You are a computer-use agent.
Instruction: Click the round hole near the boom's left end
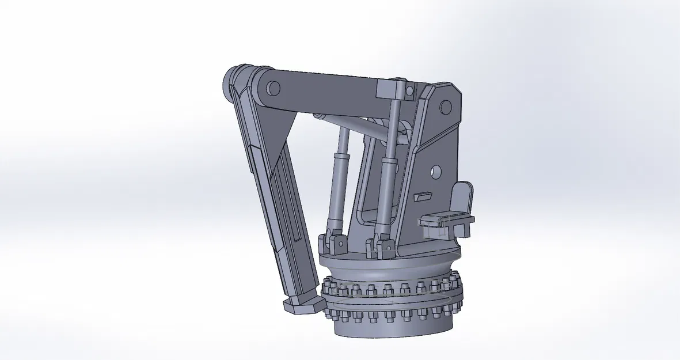click(x=273, y=88)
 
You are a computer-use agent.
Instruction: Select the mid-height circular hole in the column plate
click(x=435, y=171)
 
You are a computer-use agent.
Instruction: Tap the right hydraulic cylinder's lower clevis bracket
click(x=381, y=245)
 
